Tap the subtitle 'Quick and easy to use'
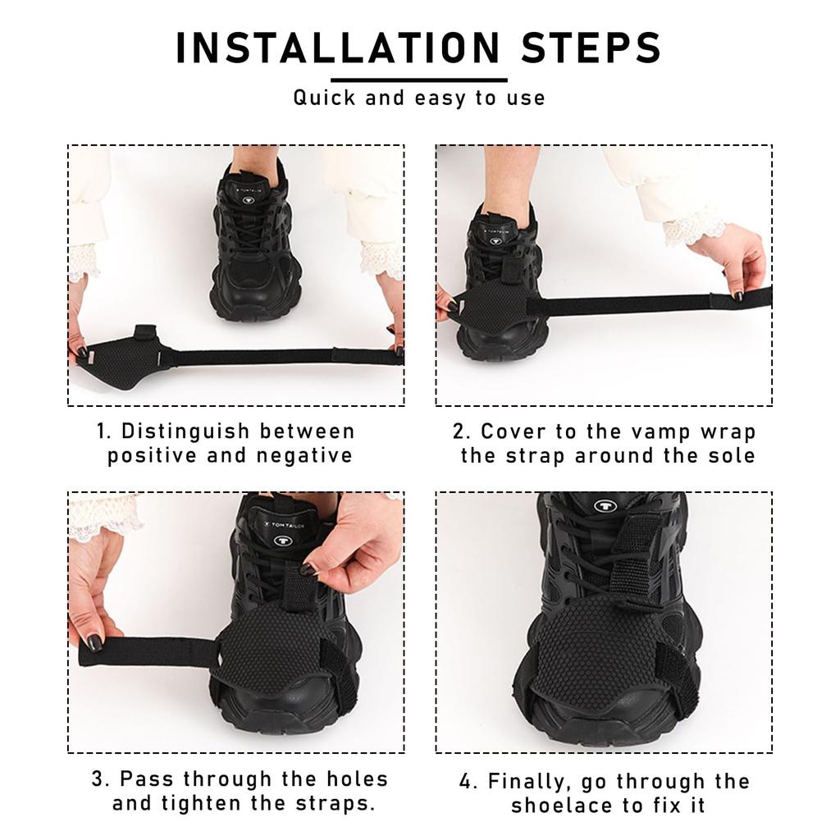tap(419, 98)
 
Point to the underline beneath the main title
tap(419, 80)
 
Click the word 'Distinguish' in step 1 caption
tap(188, 431)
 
